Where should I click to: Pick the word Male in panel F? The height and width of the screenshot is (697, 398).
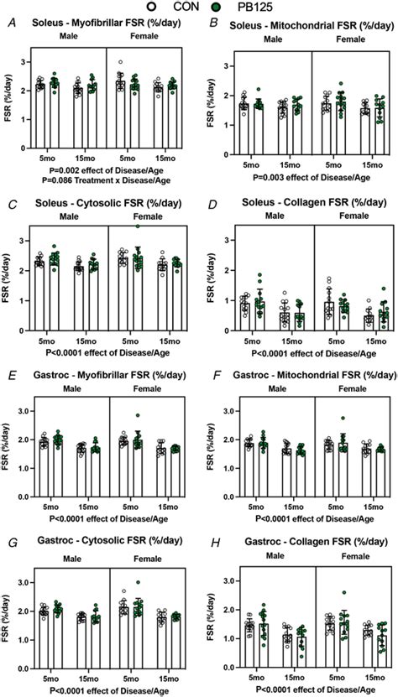262,392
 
